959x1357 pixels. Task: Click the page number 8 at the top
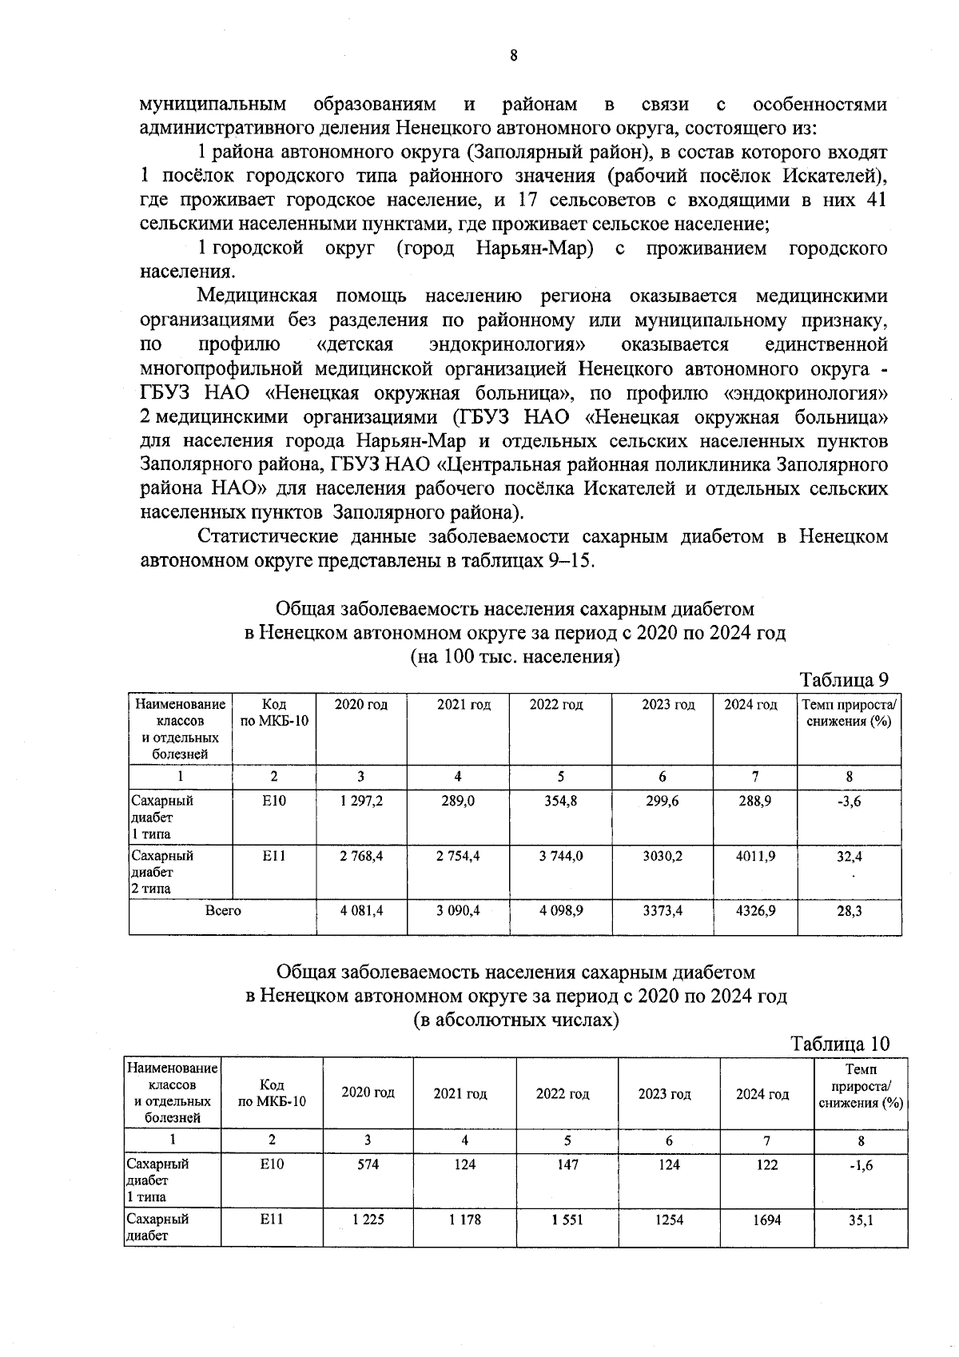pyautogui.click(x=513, y=56)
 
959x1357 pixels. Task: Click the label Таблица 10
pyautogui.click(x=839, y=1044)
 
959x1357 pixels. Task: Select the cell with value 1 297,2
pyautogui.click(x=361, y=801)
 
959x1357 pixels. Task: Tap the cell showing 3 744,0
pyautogui.click(x=561, y=855)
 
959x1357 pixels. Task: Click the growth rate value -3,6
pyautogui.click(x=849, y=802)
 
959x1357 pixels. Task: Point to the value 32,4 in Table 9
pyautogui.click(x=849, y=856)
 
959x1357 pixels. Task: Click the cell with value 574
pyautogui.click(x=368, y=1165)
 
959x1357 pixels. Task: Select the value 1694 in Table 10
pyautogui.click(x=766, y=1220)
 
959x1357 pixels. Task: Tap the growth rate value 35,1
pyautogui.click(x=861, y=1220)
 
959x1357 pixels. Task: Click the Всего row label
pyautogui.click(x=223, y=910)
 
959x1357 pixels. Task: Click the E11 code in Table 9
pyautogui.click(x=274, y=855)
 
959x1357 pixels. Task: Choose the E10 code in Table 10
pyautogui.click(x=272, y=1165)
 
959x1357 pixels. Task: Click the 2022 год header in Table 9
pyautogui.click(x=556, y=705)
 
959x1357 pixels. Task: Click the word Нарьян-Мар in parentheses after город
pyautogui.click(x=534, y=249)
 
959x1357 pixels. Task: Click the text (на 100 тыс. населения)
pyautogui.click(x=515, y=657)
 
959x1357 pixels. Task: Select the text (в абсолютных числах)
pyautogui.click(x=515, y=1021)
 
